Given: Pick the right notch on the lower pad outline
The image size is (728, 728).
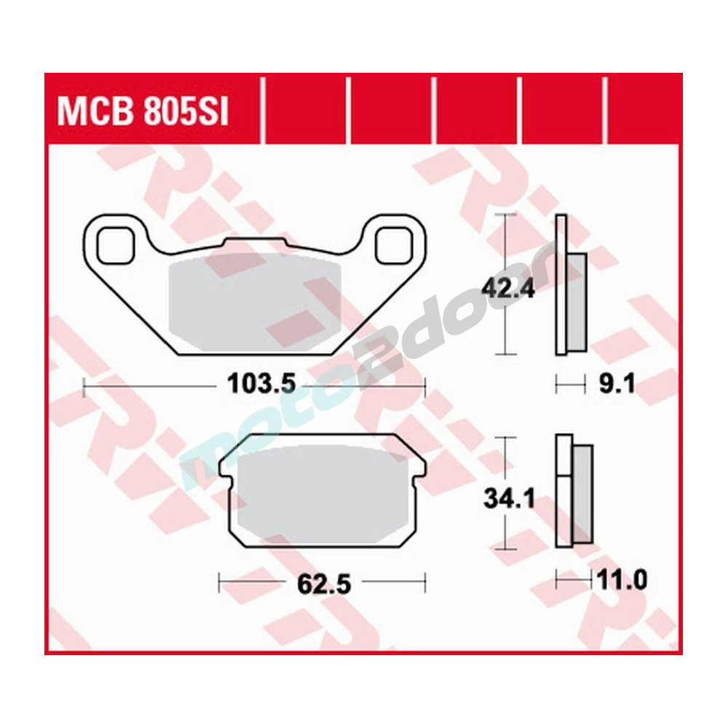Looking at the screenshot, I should coord(419,478).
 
